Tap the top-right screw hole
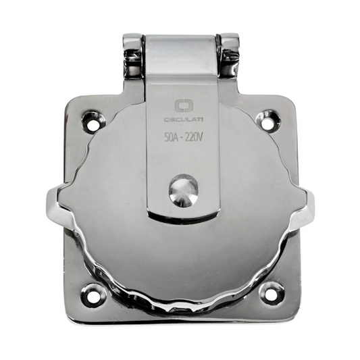[268, 120]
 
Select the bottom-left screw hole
[91, 294]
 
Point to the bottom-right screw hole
[270, 294]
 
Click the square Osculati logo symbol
[181, 106]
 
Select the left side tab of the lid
[54, 203]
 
